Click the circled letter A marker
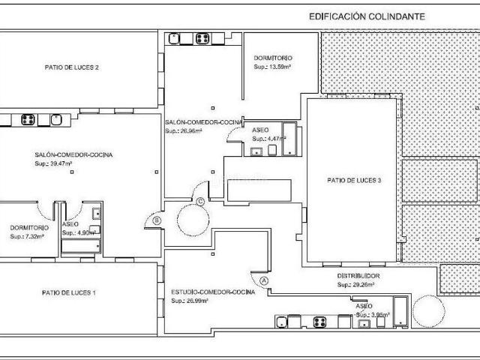coord(264,280)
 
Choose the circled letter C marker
coord(200,200)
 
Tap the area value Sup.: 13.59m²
coord(271,66)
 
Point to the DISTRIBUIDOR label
coord(358,276)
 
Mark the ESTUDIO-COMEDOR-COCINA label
coord(213,292)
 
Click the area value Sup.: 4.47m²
coord(267,138)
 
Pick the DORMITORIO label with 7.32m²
coord(29,227)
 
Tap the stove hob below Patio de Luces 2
coord(29,118)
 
